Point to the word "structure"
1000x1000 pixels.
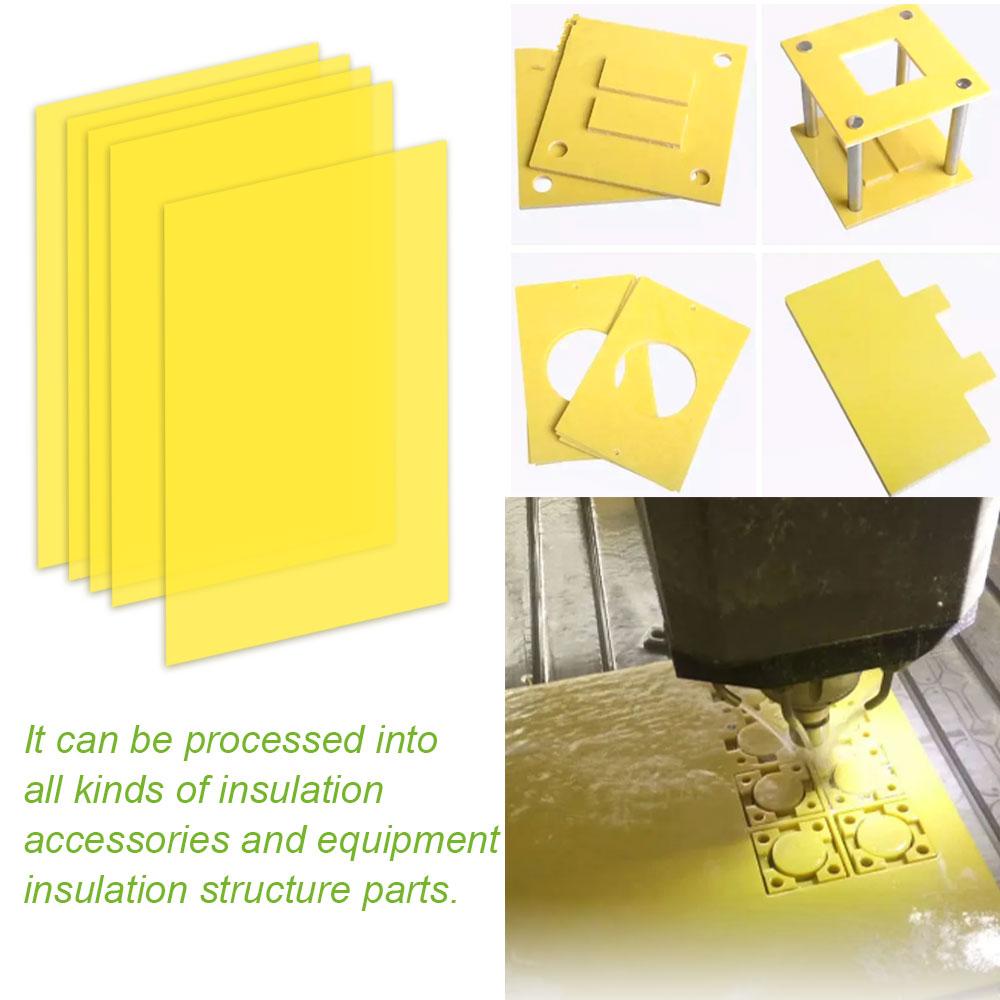pos(284,888)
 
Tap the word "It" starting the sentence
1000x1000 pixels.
pos(35,742)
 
